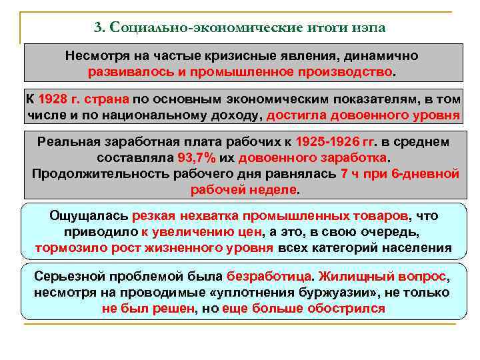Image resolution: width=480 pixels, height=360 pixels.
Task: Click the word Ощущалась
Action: [89, 217]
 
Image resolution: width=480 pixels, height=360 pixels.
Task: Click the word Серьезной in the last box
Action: [67, 277]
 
